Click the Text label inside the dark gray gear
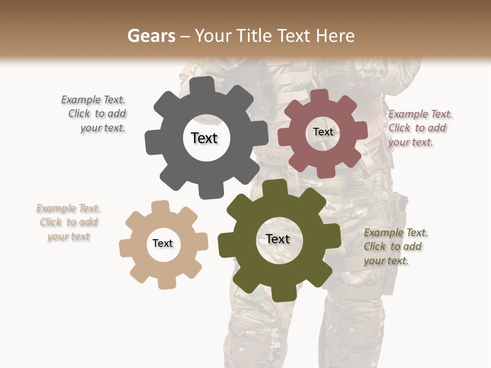tap(205, 138)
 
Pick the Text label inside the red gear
tap(323, 132)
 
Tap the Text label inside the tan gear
tap(163, 244)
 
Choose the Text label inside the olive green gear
tap(278, 239)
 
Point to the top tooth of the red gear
tap(320, 96)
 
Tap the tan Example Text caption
tap(69, 222)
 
